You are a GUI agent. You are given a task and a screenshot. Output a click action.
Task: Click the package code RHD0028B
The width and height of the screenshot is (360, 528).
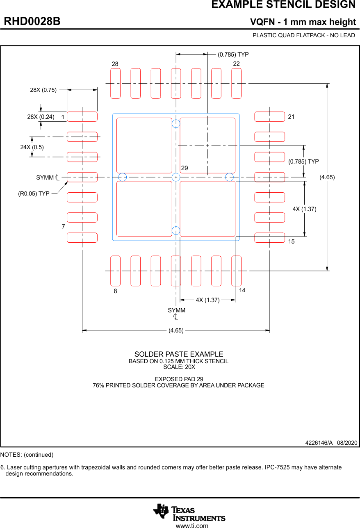[x=32, y=21]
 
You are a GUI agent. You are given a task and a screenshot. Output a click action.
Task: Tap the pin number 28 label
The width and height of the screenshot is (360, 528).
[x=115, y=64]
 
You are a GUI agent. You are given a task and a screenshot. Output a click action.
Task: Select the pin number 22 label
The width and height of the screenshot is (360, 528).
[x=237, y=64]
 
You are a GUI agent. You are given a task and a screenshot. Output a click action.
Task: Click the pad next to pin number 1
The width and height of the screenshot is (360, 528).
[x=82, y=117]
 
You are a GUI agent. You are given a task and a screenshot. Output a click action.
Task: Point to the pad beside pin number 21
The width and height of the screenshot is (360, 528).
[x=269, y=117]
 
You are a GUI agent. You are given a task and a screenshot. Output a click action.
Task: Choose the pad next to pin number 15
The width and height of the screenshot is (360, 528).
[x=269, y=238]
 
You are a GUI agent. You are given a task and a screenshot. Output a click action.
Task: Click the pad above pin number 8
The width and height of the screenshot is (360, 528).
[x=116, y=271]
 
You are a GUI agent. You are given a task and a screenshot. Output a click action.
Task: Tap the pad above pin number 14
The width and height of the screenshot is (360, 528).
[x=237, y=271]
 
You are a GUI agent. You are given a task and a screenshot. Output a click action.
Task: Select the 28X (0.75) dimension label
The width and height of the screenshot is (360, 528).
[x=43, y=90]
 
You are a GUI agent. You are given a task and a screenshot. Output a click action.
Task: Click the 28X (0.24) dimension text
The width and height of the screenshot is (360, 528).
[x=41, y=117]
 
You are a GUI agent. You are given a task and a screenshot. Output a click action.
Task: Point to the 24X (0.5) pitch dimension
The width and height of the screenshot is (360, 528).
[x=32, y=147]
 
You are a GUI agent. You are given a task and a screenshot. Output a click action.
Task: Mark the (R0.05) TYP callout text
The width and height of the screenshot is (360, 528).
[x=34, y=193]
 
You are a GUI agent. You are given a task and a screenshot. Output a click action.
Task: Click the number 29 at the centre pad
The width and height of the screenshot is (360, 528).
[x=185, y=168]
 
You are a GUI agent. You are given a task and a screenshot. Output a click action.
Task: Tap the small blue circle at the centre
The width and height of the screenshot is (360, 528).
[x=176, y=177]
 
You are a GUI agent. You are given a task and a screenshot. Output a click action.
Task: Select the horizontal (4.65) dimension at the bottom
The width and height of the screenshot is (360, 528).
[x=176, y=330]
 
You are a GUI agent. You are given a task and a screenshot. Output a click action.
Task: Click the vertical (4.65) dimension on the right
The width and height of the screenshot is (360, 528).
[x=327, y=177]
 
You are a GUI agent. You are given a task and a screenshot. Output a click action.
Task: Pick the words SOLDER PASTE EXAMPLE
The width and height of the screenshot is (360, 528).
[x=179, y=354]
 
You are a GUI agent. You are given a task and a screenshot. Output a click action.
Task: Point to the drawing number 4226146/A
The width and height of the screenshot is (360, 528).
[x=319, y=443]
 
